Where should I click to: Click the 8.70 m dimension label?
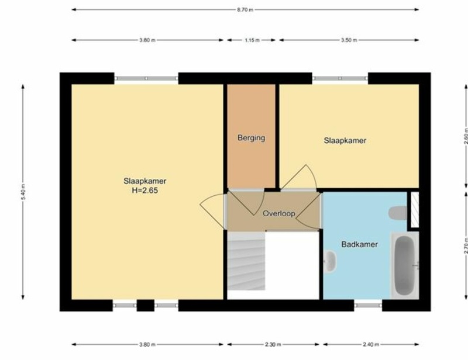245,9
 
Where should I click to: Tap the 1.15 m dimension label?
252,40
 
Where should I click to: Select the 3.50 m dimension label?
349,40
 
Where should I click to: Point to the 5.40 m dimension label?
23,192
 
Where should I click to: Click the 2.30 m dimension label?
273,344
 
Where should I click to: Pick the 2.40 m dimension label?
371,344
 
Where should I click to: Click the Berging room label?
252,138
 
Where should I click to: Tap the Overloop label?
279,213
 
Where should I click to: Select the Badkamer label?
359,244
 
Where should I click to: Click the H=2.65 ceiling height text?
144,191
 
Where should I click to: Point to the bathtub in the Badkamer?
405,265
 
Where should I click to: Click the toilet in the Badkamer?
398,213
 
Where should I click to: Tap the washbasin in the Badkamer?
330,262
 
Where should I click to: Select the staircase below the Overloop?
246,261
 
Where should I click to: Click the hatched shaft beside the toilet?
415,209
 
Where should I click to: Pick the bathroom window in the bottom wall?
368,306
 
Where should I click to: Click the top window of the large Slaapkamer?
146,78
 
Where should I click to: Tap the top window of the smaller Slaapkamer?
340,78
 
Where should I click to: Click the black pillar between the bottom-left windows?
145,306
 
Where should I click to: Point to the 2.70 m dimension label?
466,245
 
